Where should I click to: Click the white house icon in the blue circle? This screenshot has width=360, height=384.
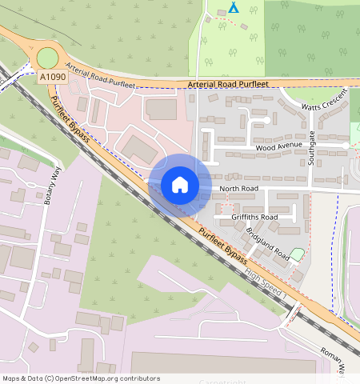coord(180,185)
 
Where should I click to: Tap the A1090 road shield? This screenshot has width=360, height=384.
coord(52,77)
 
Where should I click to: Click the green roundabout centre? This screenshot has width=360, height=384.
coord(47,58)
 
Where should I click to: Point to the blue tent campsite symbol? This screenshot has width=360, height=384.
coord(233,8)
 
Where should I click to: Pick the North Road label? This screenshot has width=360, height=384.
coord(238,190)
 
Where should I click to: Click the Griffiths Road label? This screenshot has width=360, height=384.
coord(254,217)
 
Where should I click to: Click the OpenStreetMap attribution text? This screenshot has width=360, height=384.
coord(81,378)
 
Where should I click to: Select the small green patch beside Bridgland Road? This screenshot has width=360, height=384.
coord(297,254)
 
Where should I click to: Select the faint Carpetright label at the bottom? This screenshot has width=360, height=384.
coord(222,382)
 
